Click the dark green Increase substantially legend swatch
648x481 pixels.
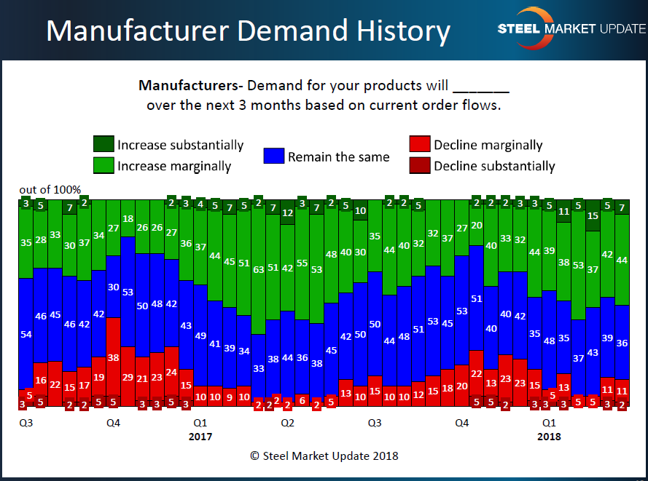[104, 145]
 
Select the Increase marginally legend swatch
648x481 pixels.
[104, 166]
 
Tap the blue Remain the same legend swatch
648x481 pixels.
[274, 156]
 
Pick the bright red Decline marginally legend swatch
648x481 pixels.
[420, 145]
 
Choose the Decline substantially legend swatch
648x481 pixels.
[420, 166]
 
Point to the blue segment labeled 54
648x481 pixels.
[26, 334]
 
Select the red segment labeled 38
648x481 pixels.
[113, 357]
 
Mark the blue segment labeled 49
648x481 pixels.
[200, 335]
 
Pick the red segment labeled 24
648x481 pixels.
[171, 371]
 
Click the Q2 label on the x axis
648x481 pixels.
[287, 422]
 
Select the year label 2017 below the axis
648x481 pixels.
[200, 437]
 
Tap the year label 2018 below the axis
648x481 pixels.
[549, 437]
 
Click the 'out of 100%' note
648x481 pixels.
[50, 190]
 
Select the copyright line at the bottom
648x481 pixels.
[324, 456]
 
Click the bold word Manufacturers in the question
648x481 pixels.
[181, 85]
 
